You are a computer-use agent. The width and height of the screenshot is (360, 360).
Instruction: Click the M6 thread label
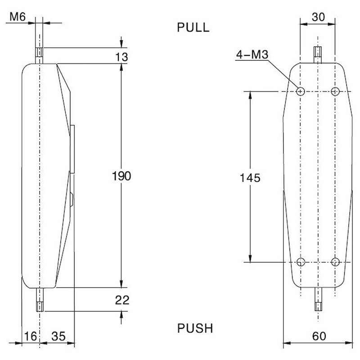(x=18, y=17)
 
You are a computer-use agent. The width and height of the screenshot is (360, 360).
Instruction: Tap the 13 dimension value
(x=121, y=57)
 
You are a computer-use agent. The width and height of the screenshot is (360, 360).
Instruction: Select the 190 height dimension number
(x=121, y=176)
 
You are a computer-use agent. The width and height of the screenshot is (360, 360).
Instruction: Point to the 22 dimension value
(x=122, y=300)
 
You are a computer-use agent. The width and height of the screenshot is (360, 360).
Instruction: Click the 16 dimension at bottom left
(x=31, y=336)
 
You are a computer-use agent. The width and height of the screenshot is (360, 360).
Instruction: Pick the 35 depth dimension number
(x=58, y=336)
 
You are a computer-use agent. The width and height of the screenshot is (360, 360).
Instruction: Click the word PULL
(x=193, y=27)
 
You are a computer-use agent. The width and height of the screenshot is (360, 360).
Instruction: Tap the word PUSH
(x=195, y=328)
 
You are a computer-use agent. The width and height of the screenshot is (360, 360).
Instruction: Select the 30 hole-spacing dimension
(x=318, y=17)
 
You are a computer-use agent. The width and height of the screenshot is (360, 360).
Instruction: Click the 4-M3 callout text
(x=252, y=54)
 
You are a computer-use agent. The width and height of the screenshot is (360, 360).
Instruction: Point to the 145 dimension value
(x=250, y=178)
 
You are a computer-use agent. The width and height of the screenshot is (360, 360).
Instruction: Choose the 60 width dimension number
(x=319, y=336)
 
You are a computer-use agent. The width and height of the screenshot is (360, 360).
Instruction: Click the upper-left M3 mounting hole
(x=300, y=91)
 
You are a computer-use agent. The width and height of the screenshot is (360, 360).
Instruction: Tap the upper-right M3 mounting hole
(x=335, y=91)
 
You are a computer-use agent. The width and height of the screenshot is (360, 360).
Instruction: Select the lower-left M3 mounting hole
(x=301, y=262)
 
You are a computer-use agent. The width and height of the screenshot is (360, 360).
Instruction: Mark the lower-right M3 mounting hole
(x=335, y=262)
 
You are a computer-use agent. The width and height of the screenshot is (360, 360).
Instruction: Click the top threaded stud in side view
(x=39, y=55)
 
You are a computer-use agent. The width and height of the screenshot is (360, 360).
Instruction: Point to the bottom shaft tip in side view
(x=40, y=307)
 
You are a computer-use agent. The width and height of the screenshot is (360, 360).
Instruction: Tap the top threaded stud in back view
(x=318, y=54)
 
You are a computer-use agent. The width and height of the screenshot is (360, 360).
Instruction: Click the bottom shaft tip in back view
(x=318, y=307)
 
